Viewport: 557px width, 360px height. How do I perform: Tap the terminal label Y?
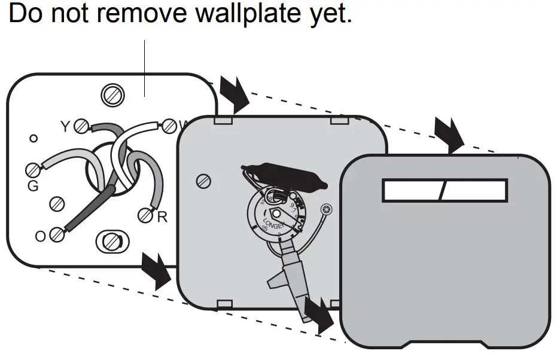65,127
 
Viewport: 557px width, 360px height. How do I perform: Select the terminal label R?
162,217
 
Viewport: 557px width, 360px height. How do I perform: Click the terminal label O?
40,236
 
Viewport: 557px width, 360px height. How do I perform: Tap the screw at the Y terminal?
82,126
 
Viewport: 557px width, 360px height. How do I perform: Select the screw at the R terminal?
145,215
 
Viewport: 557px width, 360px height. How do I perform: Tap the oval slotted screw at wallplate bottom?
110,242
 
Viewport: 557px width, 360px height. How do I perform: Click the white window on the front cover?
445,191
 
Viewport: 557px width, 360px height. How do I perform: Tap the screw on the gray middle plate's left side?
203,179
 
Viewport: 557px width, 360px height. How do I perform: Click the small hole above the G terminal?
34,139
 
